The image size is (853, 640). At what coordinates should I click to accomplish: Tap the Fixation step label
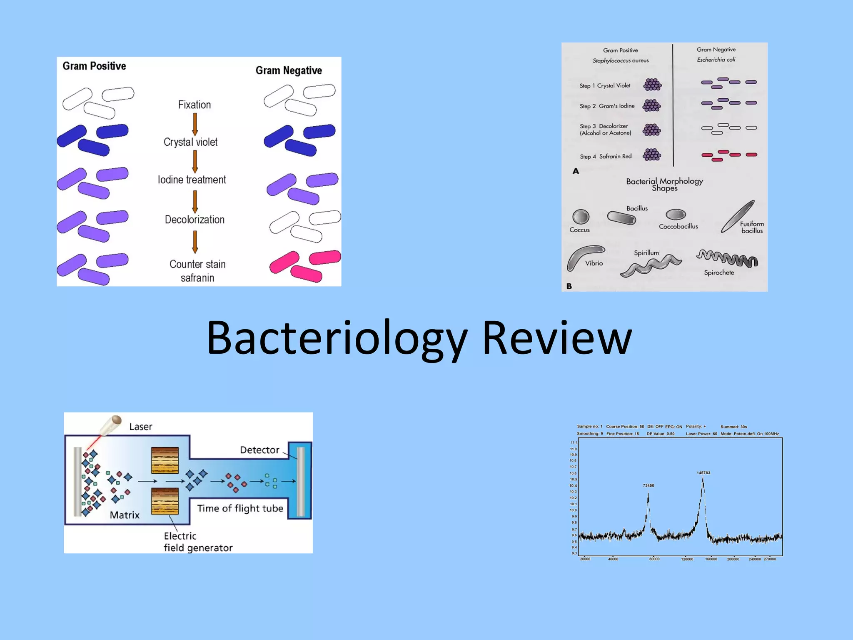[195, 105]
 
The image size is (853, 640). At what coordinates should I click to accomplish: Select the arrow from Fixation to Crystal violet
[195, 124]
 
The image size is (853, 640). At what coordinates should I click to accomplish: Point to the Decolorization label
[195, 220]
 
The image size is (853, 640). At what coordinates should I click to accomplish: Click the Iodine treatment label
[192, 180]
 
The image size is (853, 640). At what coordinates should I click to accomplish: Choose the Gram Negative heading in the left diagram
[289, 70]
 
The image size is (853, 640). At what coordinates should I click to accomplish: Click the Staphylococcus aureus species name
[621, 60]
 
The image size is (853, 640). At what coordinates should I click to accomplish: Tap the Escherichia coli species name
[716, 60]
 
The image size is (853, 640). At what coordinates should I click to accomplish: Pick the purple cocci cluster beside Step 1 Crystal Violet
[652, 85]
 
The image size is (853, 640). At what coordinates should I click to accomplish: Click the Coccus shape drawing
[581, 217]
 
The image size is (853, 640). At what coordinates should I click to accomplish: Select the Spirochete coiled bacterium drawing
[727, 259]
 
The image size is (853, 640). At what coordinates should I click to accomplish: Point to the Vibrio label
[594, 263]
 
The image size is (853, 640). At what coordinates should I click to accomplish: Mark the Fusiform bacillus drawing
[738, 216]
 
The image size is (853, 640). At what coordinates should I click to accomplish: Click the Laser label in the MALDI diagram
[140, 427]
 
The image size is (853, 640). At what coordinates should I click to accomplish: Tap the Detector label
[259, 450]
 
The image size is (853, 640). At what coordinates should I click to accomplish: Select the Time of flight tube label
[240, 508]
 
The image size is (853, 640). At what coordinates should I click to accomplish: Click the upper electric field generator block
[165, 460]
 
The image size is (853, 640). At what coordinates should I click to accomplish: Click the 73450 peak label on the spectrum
[648, 485]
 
